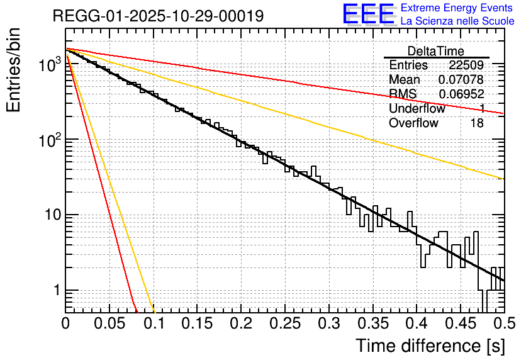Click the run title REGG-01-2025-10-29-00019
point(158,16)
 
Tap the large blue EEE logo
point(368,13)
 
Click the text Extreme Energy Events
point(457,8)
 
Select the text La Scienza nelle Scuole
point(457,21)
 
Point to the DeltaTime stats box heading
point(436,51)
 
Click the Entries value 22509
point(466,65)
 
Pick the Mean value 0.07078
point(461,80)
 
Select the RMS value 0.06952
point(461,94)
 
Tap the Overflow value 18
point(477,123)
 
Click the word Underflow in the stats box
point(417,109)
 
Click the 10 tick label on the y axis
point(52,215)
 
